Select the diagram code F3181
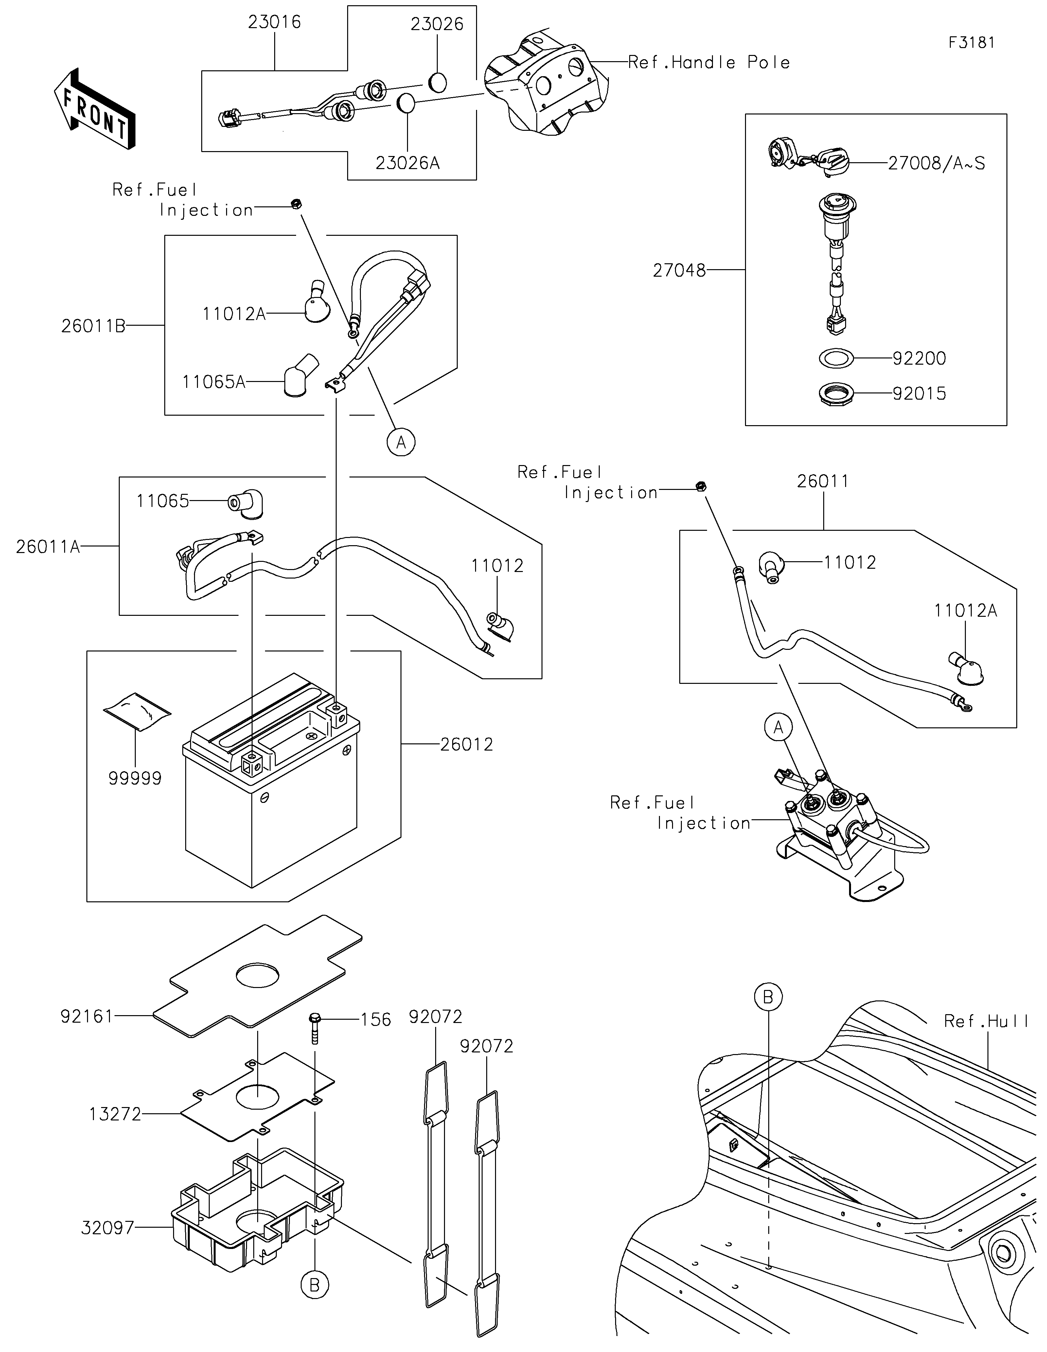pyautogui.click(x=971, y=43)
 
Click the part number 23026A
pyautogui.click(x=407, y=164)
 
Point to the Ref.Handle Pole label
pyautogui.click(x=709, y=62)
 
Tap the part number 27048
pyautogui.click(x=679, y=270)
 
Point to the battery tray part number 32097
pyautogui.click(x=108, y=1228)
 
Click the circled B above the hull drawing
pyautogui.click(x=768, y=997)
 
